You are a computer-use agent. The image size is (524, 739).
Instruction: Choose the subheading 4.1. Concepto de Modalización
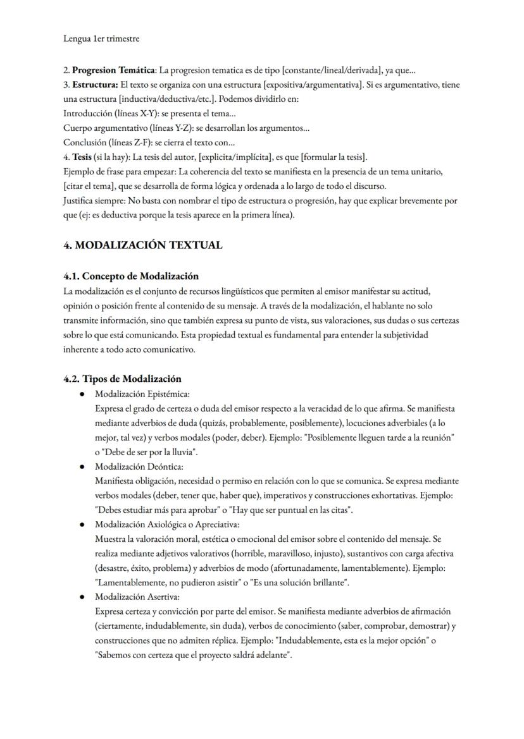[x=131, y=276]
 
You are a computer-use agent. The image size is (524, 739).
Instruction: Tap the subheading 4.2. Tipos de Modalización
[x=122, y=379]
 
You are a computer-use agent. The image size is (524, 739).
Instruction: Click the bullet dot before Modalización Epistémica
[x=82, y=394]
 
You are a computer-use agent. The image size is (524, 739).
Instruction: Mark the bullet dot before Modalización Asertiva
[x=82, y=597]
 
